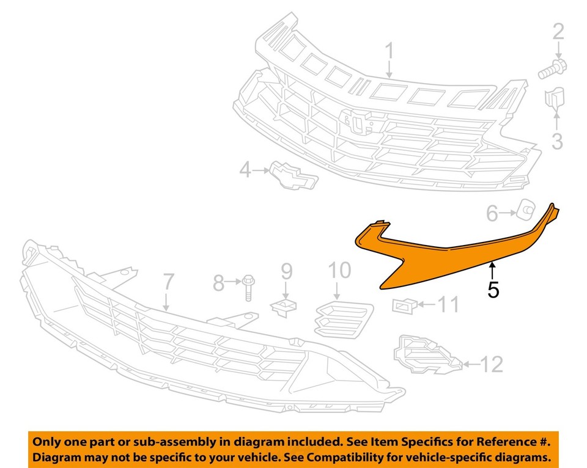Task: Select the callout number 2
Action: point(558,32)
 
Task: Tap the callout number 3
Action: point(556,142)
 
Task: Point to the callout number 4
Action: point(245,170)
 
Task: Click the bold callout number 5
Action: point(493,290)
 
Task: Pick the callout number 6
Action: point(492,213)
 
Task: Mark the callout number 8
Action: point(219,283)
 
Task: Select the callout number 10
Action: point(339,269)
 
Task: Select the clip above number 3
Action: point(554,101)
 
